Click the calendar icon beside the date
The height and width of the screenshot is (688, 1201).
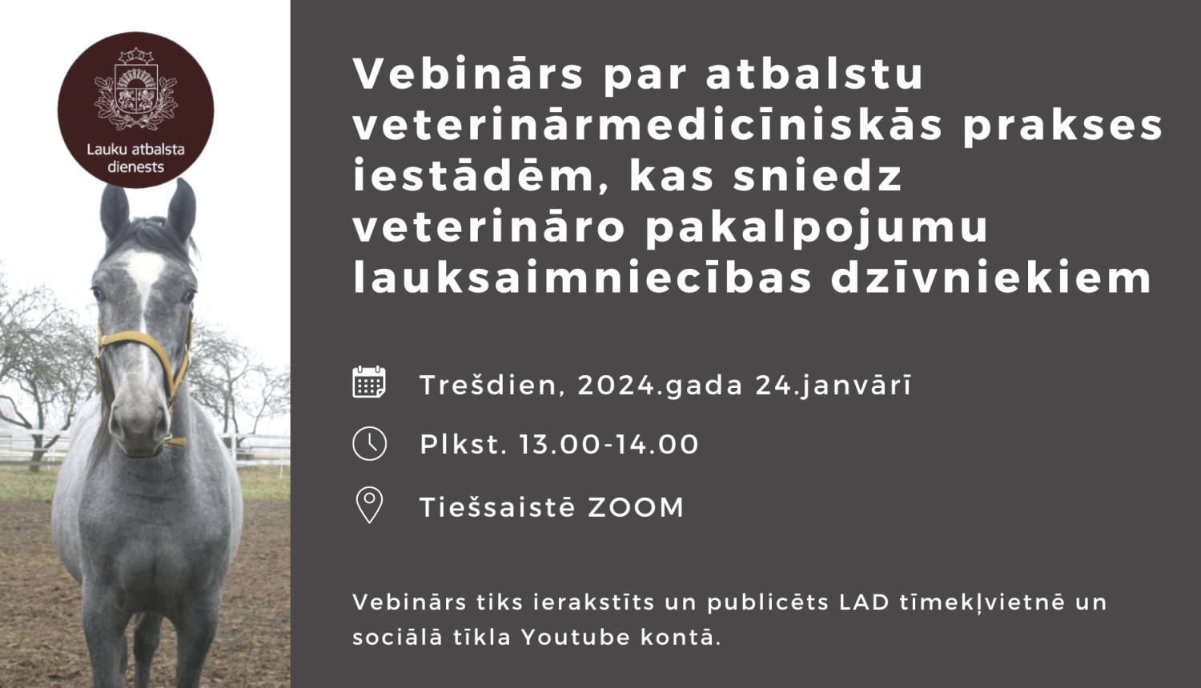point(369,382)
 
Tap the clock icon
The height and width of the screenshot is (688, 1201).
point(369,444)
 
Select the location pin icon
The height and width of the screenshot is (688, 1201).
point(369,505)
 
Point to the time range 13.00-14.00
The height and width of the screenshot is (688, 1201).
point(609,445)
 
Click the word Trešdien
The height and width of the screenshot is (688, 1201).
point(488,386)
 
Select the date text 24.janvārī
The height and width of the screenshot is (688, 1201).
point(833,386)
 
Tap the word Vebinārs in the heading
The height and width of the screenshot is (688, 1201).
point(468,74)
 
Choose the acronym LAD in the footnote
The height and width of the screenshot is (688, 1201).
point(865,602)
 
